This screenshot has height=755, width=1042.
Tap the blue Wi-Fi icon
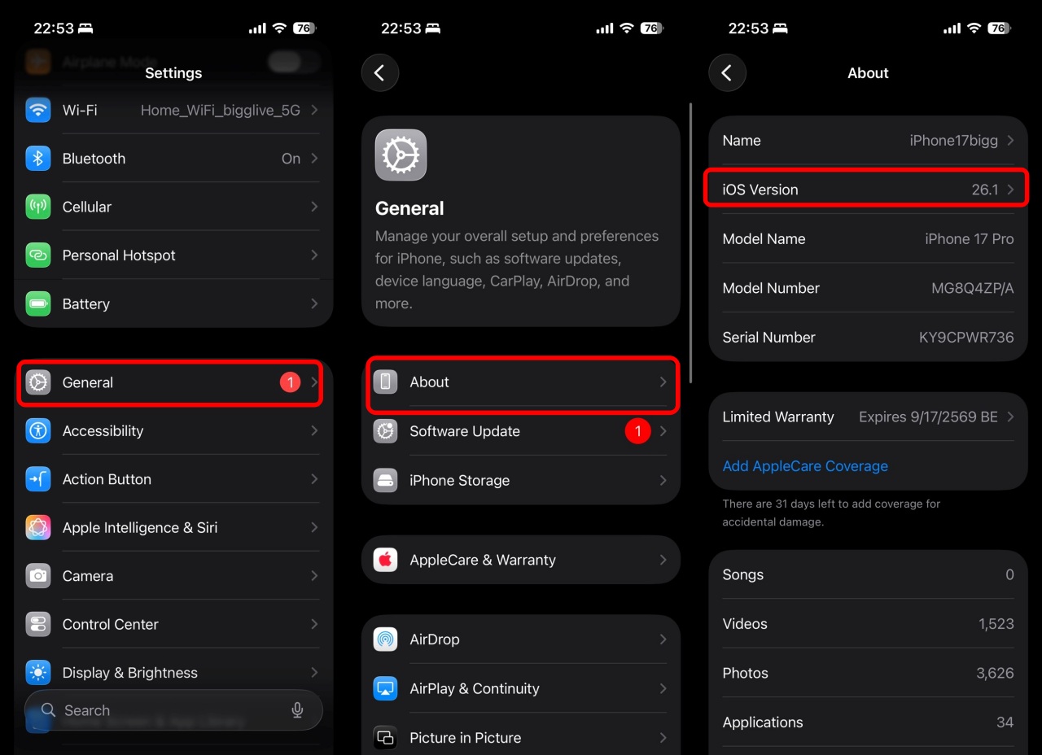[38, 110]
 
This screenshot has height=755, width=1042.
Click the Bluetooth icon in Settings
[38, 159]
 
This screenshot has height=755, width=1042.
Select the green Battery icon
[38, 303]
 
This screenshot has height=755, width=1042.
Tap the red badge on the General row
[290, 382]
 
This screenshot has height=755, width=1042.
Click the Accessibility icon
[38, 430]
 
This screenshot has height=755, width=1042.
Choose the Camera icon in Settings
[38, 576]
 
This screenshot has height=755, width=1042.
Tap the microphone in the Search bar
[297, 710]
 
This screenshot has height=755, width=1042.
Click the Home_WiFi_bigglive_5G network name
[220, 110]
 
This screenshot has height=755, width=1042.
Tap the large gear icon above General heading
[401, 155]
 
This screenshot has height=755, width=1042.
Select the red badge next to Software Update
[637, 431]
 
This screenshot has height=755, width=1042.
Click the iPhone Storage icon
[386, 480]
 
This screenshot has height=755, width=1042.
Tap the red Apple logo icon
[386, 560]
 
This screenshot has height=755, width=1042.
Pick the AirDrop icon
[386, 639]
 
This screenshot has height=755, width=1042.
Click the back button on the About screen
[727, 73]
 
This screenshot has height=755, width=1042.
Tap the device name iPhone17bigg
[953, 141]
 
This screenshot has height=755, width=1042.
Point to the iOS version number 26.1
[984, 190]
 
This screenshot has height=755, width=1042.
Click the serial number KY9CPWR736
[966, 337]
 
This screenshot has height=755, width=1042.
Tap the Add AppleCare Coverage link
[805, 466]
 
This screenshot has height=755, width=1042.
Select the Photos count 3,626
[995, 673]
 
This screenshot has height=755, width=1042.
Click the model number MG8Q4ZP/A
[972, 288]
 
